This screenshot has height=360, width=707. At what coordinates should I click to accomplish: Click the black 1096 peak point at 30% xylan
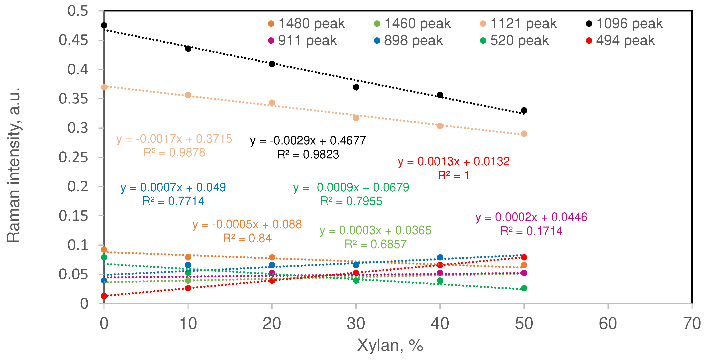point(356,87)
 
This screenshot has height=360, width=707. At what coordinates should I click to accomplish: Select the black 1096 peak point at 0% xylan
point(104,25)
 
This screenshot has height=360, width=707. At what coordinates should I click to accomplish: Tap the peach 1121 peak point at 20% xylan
point(272,103)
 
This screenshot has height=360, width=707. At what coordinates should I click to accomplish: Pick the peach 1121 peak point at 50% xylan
point(524,134)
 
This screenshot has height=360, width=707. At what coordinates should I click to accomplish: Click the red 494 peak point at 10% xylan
point(188,288)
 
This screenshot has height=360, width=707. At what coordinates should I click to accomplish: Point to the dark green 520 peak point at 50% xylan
point(524,288)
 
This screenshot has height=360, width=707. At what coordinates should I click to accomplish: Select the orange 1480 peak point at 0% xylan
point(104,250)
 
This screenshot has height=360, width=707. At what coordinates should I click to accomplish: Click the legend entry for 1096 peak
point(624,24)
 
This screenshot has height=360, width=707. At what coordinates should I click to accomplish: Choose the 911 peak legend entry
point(303,41)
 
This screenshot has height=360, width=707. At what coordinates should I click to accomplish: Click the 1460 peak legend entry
point(412,24)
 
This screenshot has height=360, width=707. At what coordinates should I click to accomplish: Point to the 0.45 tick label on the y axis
point(73,40)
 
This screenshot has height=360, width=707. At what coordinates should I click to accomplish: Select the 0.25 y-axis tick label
point(73,157)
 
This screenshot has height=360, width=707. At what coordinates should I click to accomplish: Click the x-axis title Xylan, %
point(390,345)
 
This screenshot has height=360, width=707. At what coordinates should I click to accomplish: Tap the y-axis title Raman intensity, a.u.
point(14,165)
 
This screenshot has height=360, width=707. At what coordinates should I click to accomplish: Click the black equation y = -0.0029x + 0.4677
point(308,141)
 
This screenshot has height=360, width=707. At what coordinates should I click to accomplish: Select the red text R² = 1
point(453,175)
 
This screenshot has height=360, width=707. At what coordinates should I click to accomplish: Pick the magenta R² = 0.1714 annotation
point(531,231)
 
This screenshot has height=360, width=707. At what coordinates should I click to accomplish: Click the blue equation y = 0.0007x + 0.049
point(173,188)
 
